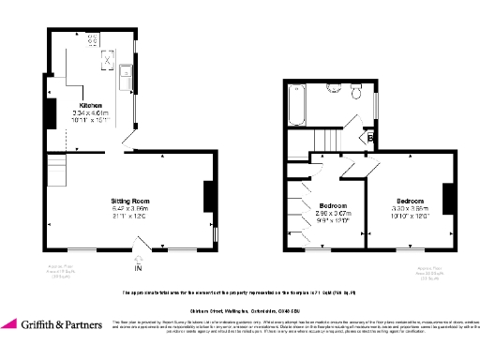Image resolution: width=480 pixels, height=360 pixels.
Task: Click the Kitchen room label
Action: pos(91,105)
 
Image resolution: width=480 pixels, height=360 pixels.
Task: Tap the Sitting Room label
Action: pos(130,201)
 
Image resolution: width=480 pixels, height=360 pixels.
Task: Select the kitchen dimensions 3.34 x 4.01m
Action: pos(91,112)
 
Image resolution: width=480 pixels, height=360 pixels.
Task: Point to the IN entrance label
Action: pos(139,269)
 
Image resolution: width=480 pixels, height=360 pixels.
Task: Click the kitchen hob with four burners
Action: pos(94,39)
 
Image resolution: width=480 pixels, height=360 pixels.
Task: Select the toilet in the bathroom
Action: pos(355,93)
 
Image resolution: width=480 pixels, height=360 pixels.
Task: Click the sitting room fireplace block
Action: pos(208,198)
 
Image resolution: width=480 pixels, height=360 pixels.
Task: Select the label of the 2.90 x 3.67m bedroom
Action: pos(333,205)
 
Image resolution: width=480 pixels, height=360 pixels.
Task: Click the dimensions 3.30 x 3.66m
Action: pos(410,209)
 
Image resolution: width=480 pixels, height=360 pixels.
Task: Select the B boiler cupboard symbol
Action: pos(370,138)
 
